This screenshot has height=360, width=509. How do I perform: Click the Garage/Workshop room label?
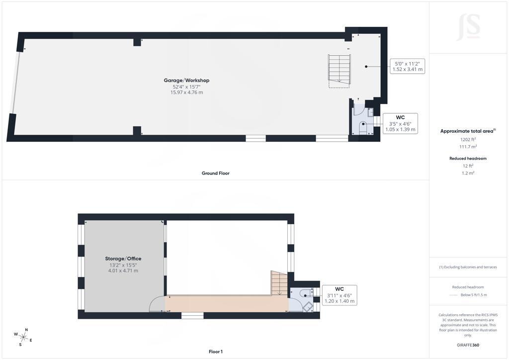(x=186, y=81)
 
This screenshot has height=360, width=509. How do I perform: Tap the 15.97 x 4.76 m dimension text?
(x=187, y=92)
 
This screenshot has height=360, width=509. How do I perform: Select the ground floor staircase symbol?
(x=339, y=71)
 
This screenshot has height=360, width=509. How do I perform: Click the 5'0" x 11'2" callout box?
(x=408, y=67)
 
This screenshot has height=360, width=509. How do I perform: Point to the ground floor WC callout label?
(x=400, y=123)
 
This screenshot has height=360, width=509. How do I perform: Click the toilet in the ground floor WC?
(x=363, y=127)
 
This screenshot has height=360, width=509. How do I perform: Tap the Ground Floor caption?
(x=216, y=174)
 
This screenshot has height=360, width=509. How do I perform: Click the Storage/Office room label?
(x=123, y=259)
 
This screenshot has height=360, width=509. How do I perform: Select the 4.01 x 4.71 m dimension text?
(x=123, y=270)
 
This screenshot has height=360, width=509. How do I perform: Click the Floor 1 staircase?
(x=279, y=283)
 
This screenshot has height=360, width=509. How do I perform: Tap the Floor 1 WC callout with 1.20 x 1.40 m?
(x=339, y=295)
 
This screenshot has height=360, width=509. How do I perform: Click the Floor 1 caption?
(x=216, y=352)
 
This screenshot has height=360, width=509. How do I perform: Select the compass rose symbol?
(x=23, y=337)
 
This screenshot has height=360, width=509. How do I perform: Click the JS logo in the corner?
(x=468, y=27)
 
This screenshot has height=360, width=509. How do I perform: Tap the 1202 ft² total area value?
(x=468, y=140)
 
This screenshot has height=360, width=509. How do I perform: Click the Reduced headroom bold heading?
(x=468, y=159)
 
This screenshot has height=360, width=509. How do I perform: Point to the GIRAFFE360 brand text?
(x=468, y=345)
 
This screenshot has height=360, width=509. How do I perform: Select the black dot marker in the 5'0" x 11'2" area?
(x=366, y=67)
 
